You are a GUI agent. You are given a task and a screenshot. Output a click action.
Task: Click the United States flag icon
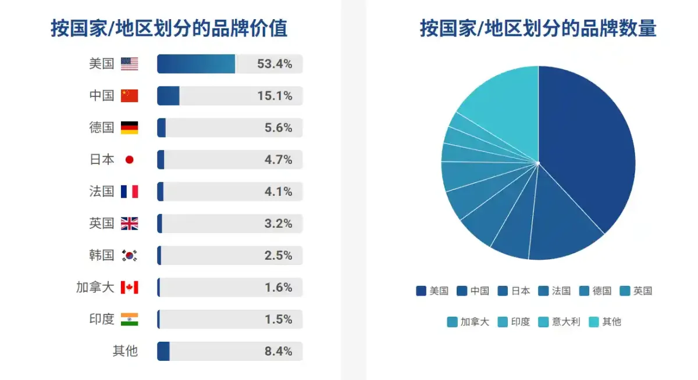[x=129, y=64]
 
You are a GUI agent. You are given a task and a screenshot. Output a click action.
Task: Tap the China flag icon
[x=129, y=96]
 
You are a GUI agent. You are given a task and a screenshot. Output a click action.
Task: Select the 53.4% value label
[x=275, y=64]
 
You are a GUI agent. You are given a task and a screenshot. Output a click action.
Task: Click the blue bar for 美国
[x=196, y=64]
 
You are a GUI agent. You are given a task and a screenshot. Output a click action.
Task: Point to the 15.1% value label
[x=275, y=96]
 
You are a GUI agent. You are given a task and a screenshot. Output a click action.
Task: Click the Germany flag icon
[x=129, y=128]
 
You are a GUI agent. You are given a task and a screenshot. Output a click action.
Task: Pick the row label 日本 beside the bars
[x=102, y=160]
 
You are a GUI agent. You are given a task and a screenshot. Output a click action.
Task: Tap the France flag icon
[x=129, y=192]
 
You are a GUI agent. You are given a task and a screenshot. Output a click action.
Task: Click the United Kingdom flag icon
[x=129, y=224]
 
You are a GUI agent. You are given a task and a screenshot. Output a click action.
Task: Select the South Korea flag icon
[x=129, y=255]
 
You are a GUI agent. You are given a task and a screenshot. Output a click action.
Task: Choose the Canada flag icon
[x=129, y=287]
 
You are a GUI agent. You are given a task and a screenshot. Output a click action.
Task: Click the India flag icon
[x=129, y=319]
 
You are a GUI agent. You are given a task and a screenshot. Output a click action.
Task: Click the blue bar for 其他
[x=163, y=351]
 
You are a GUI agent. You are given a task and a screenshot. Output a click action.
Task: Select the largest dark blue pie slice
[x=587, y=151]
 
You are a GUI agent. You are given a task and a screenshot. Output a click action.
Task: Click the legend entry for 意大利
[x=560, y=321]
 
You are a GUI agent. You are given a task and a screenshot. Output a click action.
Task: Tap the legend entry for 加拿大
[x=468, y=321]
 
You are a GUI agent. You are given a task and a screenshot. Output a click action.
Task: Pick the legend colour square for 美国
[x=421, y=291]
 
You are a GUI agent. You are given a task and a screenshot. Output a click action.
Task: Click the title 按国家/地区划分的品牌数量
[x=538, y=28]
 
